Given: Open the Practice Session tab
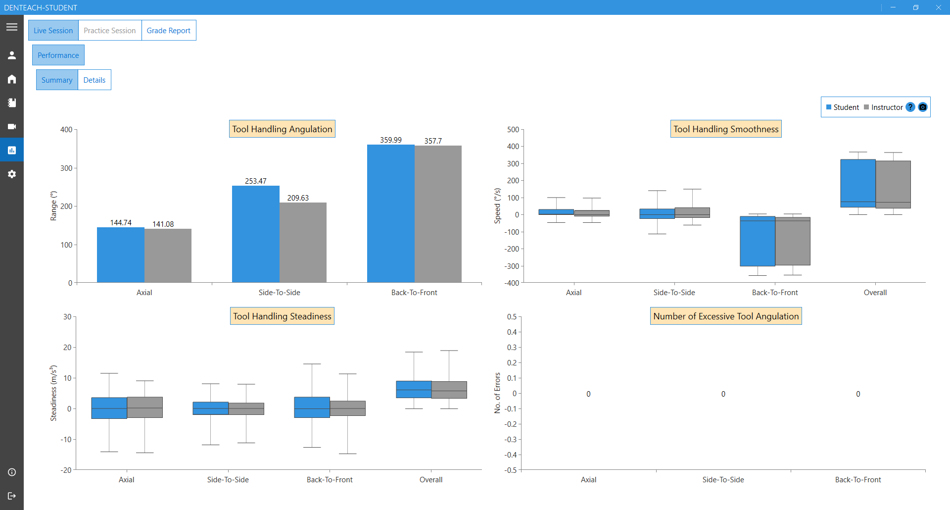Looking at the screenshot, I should click(x=109, y=31).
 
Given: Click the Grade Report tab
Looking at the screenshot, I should click(x=168, y=31).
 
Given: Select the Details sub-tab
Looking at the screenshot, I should click(x=94, y=80).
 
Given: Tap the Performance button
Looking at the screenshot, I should click(x=58, y=55).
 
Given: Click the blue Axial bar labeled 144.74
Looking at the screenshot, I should click(x=120, y=255).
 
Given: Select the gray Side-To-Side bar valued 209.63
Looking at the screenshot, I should click(x=303, y=243).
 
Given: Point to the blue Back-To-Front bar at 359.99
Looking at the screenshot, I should click(x=390, y=213).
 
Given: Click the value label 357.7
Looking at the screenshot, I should click(x=433, y=141).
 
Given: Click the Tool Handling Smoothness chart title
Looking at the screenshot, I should click(x=726, y=129).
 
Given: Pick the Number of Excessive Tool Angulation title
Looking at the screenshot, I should click(x=726, y=316).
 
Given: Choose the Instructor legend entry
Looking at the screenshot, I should click(x=883, y=107).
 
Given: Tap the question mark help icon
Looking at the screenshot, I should click(x=910, y=107).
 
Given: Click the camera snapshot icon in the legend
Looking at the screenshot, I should click(x=923, y=107).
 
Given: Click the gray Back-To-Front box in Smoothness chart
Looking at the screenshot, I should click(x=793, y=241).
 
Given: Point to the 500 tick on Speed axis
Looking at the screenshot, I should click(x=513, y=130).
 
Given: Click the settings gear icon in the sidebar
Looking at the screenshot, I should click(x=12, y=174).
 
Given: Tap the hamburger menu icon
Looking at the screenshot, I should click(x=12, y=27).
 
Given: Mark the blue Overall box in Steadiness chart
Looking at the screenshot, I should click(x=414, y=389).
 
